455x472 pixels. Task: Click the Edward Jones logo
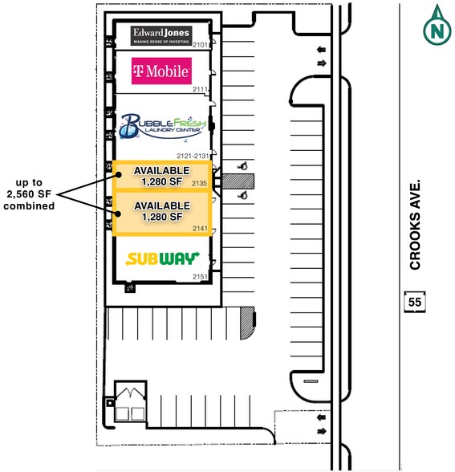point(161,36)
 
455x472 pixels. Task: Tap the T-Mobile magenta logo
point(161,71)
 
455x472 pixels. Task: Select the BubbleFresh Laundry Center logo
point(162,127)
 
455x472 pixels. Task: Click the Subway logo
point(162,258)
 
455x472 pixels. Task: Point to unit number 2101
point(200,45)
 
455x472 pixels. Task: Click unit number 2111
point(200,89)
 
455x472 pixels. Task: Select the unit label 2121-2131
point(193,156)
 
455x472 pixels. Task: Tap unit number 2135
point(200,183)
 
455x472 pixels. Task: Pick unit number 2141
point(200,229)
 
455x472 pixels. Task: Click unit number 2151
point(200,277)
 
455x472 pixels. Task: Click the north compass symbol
point(437,25)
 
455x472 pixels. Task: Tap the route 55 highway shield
point(415,302)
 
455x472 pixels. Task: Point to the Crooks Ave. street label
point(415,225)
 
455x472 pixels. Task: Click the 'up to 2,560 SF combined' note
point(29,194)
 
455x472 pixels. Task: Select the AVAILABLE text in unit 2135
point(162,171)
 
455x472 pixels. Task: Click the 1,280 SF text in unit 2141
point(162,217)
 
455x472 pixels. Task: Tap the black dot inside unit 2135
point(119,175)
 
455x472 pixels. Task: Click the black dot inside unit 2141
point(118,214)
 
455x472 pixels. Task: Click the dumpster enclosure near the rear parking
point(131,401)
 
